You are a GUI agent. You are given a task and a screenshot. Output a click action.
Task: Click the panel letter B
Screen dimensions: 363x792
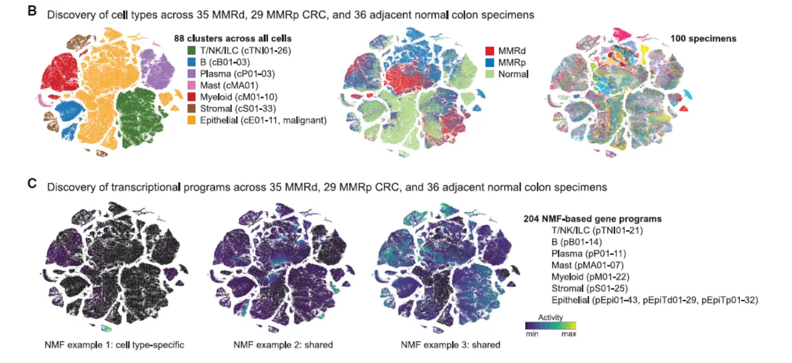[x=32, y=11]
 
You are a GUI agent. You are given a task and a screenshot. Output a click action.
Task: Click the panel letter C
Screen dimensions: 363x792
[x=33, y=184]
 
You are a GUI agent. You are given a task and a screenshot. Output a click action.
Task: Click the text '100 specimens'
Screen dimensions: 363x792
[x=703, y=38]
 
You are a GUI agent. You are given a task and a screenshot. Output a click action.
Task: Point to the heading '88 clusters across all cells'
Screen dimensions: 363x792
[x=232, y=38]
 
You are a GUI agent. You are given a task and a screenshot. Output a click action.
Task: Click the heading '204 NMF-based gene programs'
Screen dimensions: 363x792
[x=592, y=219]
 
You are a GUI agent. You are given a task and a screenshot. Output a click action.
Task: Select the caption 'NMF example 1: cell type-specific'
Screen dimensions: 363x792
[x=114, y=345]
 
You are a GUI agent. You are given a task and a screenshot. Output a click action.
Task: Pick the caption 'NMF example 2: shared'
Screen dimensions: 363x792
[x=283, y=345]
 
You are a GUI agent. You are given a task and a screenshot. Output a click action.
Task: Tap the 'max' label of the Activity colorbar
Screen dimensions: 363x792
[x=568, y=335]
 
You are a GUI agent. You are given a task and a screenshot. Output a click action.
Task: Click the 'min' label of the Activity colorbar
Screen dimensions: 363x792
[x=532, y=335]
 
